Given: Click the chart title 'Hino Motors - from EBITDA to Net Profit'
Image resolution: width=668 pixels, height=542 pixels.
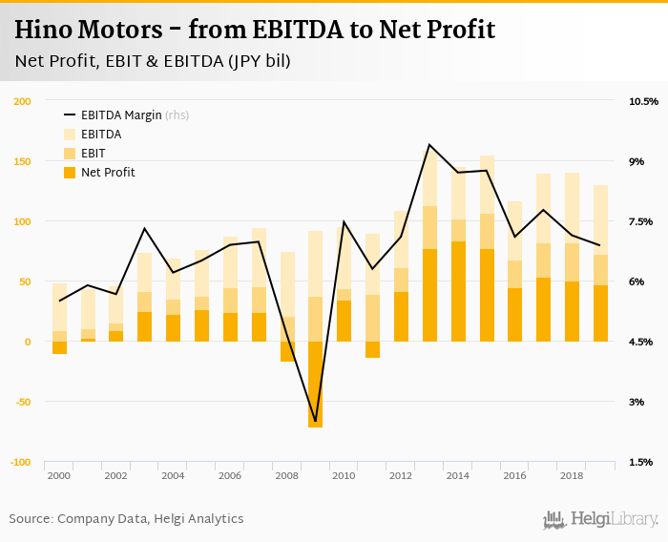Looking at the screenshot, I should tap(255, 30).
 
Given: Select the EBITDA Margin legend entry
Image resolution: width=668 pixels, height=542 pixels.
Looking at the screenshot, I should tap(120, 115).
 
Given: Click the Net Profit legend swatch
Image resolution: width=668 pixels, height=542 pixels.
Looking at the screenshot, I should tap(70, 173).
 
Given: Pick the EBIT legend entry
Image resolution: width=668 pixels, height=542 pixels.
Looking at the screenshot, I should tap(93, 154).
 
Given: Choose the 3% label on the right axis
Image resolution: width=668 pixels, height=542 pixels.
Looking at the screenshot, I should tap(637, 402).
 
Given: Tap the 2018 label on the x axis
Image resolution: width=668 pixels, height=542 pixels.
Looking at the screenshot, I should tap(571, 475).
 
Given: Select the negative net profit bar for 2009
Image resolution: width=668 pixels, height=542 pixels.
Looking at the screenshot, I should tap(315, 384).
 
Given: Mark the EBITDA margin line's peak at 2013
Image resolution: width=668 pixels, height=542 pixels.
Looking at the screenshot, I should tap(429, 145).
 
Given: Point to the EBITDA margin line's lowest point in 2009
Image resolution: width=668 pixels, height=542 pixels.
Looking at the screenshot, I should tap(315, 421).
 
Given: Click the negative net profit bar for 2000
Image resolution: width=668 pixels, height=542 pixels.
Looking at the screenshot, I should tap(59, 347).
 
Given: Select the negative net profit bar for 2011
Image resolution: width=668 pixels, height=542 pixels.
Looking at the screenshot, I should tap(372, 349).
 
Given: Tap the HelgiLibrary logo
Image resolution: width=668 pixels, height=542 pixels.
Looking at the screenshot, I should tap(601, 519).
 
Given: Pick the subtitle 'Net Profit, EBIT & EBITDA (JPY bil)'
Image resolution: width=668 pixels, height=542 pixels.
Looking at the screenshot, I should tap(153, 62).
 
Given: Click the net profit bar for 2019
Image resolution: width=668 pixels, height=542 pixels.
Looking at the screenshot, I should tap(600, 313).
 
